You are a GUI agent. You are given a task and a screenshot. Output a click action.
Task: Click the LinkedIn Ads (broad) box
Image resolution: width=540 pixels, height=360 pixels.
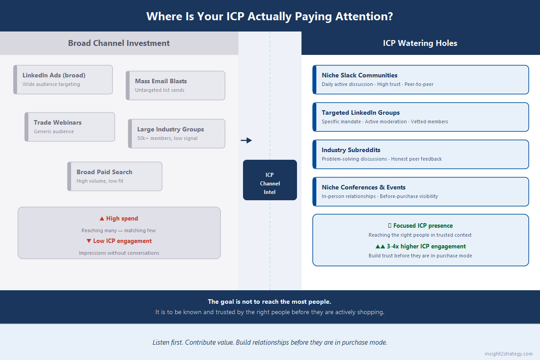coord(63,80)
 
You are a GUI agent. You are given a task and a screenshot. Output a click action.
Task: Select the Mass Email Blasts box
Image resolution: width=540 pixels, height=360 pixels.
coord(175,85)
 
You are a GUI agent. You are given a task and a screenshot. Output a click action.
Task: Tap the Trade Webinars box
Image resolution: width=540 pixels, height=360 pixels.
coord(70,127)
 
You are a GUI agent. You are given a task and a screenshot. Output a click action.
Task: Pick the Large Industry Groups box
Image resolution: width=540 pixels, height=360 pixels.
coord(177,134)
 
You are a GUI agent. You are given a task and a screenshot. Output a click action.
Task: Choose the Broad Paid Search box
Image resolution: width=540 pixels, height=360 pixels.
coord(115,176)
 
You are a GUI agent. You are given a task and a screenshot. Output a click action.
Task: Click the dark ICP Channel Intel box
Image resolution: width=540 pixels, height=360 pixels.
coord(270,180)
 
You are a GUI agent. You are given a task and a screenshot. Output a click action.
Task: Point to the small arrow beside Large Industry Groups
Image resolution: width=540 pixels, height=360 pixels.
coord(246,140)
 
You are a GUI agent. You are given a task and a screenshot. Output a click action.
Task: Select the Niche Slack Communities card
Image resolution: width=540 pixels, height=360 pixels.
coord(421,80)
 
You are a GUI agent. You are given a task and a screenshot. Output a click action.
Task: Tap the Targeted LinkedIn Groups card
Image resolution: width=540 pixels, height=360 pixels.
coord(421,117)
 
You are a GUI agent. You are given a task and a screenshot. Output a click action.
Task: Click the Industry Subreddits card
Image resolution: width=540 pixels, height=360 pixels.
coord(421,154)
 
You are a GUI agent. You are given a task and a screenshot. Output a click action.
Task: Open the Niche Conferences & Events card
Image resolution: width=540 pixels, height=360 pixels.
coord(421,192)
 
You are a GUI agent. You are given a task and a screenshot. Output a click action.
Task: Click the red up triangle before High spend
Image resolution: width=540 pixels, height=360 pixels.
coord(102,218)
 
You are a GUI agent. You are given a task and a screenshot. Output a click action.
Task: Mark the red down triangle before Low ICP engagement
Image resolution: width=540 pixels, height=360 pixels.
coord(89,241)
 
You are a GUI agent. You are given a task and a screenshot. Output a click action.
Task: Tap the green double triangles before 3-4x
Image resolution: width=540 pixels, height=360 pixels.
coord(380,247)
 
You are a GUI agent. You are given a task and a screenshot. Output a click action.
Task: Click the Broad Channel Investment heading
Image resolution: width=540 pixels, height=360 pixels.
coord(119,43)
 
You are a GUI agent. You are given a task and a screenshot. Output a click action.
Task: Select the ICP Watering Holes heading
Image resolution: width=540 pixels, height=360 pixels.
coord(420,43)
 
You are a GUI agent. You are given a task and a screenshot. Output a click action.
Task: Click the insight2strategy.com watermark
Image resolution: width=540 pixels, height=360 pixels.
coord(508,354)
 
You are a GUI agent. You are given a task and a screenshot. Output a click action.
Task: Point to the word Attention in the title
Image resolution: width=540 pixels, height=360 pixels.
coord(364,16)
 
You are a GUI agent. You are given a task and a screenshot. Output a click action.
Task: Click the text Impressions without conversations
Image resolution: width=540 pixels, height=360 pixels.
coord(119,253)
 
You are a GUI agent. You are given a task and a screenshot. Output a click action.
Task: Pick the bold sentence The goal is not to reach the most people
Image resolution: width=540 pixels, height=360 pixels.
coord(270,301)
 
